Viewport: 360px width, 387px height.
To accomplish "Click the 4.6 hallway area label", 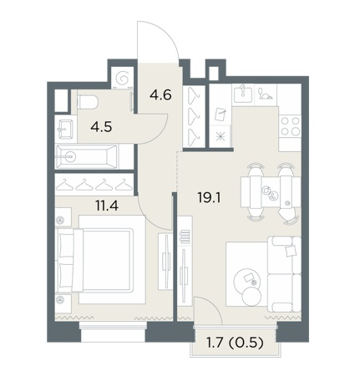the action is (160, 95).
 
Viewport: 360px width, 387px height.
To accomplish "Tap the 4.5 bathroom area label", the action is (101, 127).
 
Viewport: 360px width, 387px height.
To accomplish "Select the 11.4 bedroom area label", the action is (107, 206).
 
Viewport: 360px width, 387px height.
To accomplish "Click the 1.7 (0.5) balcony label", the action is (235, 344).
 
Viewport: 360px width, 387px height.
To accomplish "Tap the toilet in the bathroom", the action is (88, 102).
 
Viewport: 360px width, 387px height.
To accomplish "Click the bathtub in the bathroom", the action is (86, 157).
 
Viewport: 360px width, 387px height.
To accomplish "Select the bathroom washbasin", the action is (66, 129).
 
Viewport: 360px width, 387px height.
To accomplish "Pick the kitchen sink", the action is (243, 94).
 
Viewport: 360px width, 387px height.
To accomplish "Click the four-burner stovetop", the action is (291, 126).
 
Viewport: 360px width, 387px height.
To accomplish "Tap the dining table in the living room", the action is (271, 191).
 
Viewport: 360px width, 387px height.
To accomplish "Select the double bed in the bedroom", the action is (94, 260).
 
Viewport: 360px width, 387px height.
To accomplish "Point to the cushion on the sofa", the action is (290, 252).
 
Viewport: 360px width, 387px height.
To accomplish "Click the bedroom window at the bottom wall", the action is (113, 332).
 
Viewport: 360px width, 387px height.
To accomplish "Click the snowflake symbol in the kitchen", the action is (221, 136).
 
